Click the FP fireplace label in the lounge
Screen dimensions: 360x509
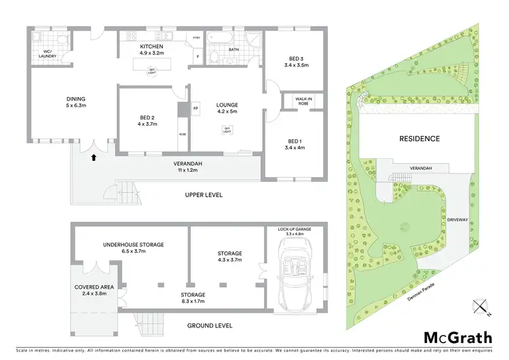pos(195,109)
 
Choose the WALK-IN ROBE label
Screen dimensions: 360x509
pos(303,101)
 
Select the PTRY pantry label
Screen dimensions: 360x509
pos(197,38)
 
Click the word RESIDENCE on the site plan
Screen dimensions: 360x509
pos(419,139)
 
